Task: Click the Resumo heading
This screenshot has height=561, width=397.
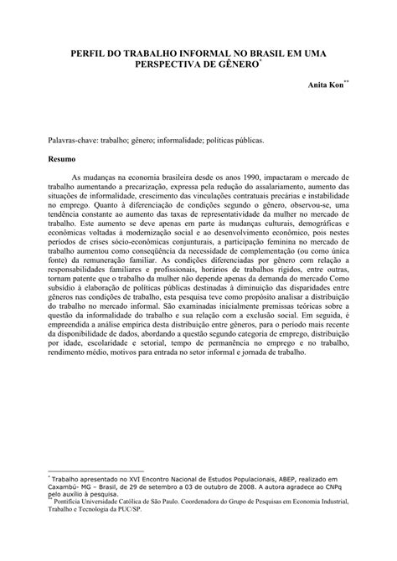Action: [62, 157]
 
